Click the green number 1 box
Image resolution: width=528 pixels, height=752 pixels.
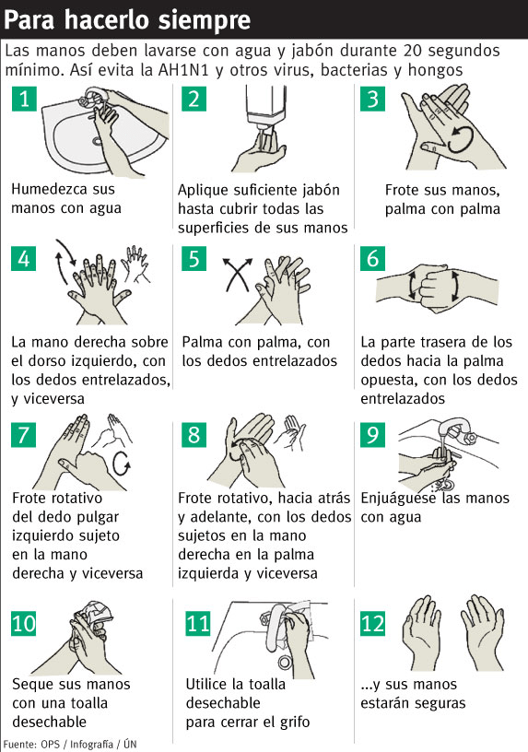click(26, 100)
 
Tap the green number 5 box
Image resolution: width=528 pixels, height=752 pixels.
click(192, 258)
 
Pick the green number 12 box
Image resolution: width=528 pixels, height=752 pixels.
click(373, 624)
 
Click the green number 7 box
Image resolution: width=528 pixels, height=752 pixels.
click(26, 434)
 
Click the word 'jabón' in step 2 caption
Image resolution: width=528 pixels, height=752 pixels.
click(319, 190)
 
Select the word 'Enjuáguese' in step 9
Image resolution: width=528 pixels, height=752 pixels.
click(402, 499)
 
